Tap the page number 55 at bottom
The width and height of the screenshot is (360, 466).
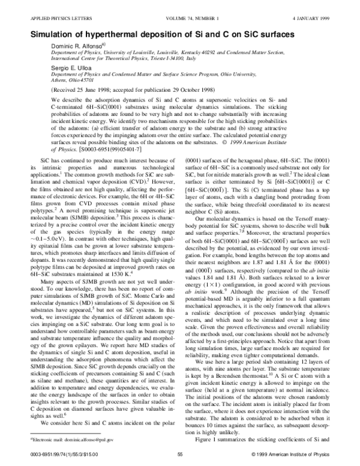(179, 455)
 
